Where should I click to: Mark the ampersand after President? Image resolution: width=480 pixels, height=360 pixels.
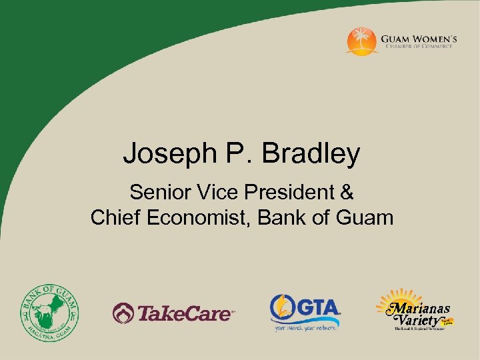[347, 193]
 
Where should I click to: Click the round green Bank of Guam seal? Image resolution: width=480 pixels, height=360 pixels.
[49, 312]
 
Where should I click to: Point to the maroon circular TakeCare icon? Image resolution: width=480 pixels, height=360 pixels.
[123, 312]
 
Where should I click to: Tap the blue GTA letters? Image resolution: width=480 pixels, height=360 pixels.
[317, 309]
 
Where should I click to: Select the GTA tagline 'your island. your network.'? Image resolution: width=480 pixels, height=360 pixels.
[305, 327]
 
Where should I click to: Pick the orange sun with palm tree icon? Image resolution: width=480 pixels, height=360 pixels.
[362, 41]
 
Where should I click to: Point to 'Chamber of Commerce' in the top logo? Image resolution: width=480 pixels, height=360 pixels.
[417, 47]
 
